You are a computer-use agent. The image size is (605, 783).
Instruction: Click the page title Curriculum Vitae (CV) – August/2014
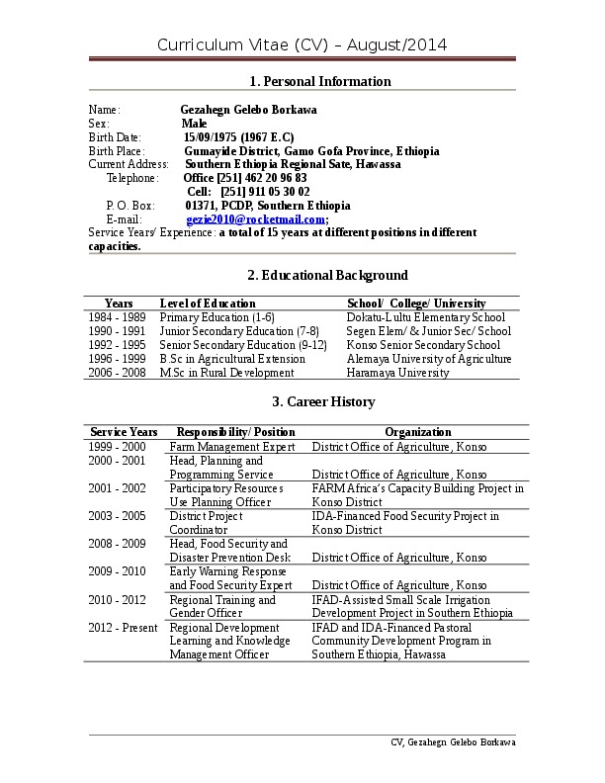click(302, 44)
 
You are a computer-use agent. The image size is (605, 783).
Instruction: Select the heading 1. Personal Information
click(319, 81)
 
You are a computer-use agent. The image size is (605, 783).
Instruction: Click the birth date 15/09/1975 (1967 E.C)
click(238, 136)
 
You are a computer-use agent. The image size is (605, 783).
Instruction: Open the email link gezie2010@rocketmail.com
click(255, 219)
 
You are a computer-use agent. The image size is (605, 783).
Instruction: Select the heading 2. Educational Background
click(327, 275)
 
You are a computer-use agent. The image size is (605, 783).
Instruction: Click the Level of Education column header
click(208, 304)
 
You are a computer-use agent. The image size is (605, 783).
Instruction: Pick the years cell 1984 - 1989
click(117, 317)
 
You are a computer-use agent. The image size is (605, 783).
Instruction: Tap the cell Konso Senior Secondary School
click(423, 345)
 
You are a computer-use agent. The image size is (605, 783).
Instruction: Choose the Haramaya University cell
click(397, 373)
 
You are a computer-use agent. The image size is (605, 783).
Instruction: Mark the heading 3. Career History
click(323, 401)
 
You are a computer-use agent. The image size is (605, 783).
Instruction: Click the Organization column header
click(418, 432)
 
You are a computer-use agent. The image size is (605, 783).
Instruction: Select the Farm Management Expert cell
click(232, 447)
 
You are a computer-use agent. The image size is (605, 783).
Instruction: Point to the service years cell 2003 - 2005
click(117, 516)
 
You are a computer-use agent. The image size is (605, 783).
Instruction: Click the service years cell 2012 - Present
click(123, 627)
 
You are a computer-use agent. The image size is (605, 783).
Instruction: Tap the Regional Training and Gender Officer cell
click(222, 606)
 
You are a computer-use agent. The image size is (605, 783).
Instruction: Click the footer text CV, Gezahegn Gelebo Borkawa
click(453, 742)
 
